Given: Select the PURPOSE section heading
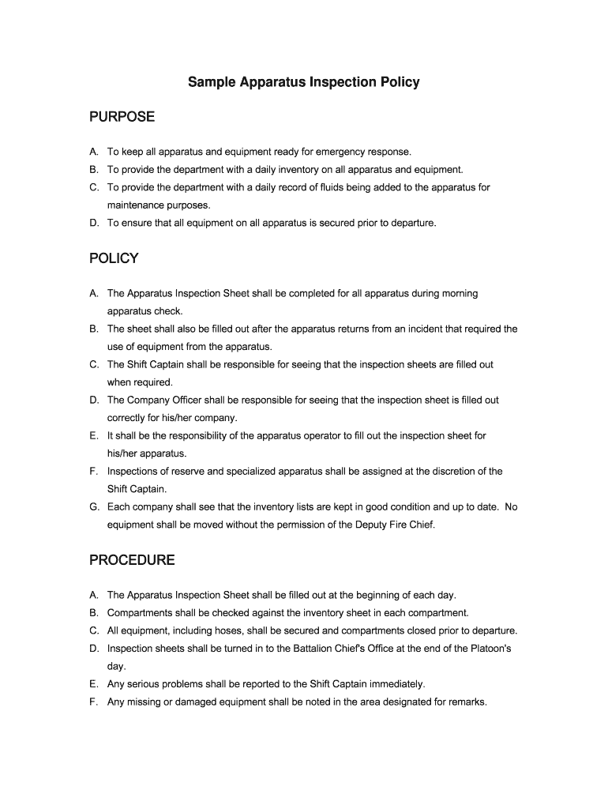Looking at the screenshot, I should (122, 118).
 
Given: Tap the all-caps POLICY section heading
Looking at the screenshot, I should (114, 258).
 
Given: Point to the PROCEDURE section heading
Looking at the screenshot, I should (132, 560).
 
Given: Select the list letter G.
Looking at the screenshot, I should (94, 506).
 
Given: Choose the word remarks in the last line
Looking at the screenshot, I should (467, 702).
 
